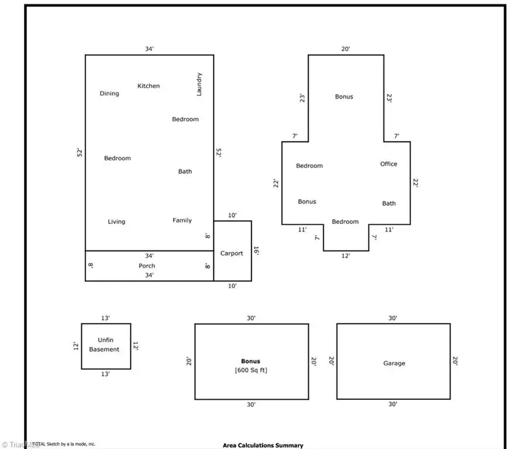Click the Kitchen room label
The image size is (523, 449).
pyautogui.click(x=148, y=86)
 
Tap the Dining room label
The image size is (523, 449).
pyautogui.click(x=109, y=94)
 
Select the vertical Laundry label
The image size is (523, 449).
pyautogui.click(x=199, y=84)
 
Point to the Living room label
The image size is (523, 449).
pyautogui.click(x=116, y=222)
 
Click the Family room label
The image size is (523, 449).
pyautogui.click(x=182, y=220)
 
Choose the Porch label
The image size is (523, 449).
pyautogui.click(x=147, y=266)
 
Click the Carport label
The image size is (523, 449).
pyautogui.click(x=231, y=253)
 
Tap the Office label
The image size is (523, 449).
pyautogui.click(x=389, y=164)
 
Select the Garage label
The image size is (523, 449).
pyautogui.click(x=394, y=363)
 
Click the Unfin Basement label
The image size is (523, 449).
pyautogui.click(x=105, y=345)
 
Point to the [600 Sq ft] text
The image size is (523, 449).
pyautogui.click(x=251, y=370)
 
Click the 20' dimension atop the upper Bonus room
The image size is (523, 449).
pyautogui.click(x=346, y=49)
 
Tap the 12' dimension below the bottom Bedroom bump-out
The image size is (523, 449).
pyautogui.click(x=345, y=256)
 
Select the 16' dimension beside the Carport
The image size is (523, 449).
pyautogui.click(x=256, y=250)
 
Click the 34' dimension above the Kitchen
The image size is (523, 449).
pyautogui.click(x=150, y=49)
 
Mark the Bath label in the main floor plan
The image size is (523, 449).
pyautogui.click(x=185, y=171)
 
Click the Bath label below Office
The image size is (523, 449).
pyautogui.click(x=389, y=203)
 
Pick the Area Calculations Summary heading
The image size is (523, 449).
pyautogui.click(x=263, y=445)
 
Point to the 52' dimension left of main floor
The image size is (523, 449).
pyautogui.click(x=80, y=153)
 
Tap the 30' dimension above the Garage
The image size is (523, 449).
pyautogui.click(x=393, y=318)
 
